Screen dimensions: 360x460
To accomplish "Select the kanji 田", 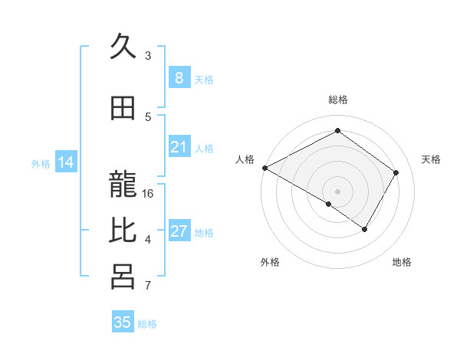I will (123, 109).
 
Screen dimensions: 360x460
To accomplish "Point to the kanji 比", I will (123, 231).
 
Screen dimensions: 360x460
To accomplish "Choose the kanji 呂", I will (123, 277).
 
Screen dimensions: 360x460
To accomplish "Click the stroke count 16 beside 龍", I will (148, 194).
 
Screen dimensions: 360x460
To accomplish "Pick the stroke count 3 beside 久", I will (148, 56).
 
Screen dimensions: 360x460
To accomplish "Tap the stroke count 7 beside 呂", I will (148, 286).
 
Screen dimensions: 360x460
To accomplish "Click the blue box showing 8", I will (179, 77).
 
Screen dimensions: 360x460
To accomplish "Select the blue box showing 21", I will (179, 147).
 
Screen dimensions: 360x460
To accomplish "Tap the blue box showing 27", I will (179, 231).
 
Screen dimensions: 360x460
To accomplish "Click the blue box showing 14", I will (65, 162).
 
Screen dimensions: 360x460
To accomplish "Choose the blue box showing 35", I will (123, 322).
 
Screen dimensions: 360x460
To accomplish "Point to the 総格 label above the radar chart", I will (337, 100).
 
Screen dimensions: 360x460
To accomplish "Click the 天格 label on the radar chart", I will (431, 159).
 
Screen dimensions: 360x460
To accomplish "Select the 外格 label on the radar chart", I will (270, 262).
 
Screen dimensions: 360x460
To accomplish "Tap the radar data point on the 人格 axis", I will (264, 168).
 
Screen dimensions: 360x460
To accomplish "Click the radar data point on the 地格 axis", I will (365, 229).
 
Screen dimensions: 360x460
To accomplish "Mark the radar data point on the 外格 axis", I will (329, 204).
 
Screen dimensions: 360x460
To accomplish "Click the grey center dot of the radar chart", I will (337, 191).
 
